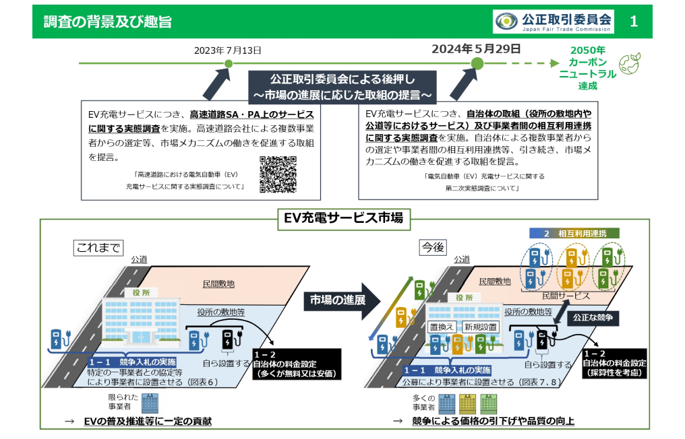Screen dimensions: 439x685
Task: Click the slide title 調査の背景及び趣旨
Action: [x=108, y=22]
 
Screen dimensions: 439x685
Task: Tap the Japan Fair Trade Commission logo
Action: [x=553, y=22]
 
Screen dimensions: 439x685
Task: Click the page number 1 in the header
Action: [x=633, y=22]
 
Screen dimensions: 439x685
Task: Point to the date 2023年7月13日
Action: [x=228, y=50]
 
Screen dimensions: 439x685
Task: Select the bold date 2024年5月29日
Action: [x=476, y=48]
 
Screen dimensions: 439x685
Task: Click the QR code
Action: [x=278, y=174]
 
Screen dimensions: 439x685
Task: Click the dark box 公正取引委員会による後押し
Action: [x=342, y=84]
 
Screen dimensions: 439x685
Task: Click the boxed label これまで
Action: [x=98, y=248]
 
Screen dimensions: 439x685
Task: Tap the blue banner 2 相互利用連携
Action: [x=572, y=233]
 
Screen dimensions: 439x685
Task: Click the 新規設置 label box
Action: [x=481, y=327]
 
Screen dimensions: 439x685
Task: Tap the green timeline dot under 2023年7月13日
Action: [x=228, y=63]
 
